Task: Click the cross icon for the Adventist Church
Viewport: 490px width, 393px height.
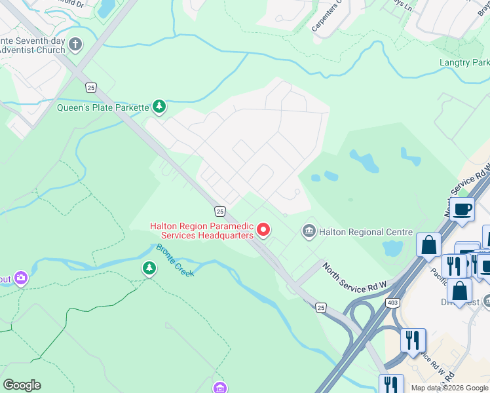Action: (x=75, y=45)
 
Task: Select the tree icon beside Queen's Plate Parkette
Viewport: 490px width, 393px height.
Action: (x=159, y=105)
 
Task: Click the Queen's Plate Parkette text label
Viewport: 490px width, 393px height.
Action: (x=103, y=107)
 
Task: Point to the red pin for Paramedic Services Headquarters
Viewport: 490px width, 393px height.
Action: (x=263, y=229)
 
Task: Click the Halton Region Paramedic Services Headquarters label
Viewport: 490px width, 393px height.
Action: (x=201, y=231)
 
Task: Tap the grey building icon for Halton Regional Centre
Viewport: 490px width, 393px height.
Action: (x=309, y=231)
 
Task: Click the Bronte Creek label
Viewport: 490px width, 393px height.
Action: (x=176, y=259)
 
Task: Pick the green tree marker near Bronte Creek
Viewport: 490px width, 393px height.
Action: (x=149, y=268)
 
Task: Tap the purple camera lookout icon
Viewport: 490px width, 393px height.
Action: (x=22, y=279)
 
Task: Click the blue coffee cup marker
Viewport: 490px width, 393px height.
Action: (x=462, y=210)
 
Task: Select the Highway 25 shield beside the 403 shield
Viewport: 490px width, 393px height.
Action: (x=320, y=307)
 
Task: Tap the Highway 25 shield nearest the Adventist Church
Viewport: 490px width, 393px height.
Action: (x=90, y=87)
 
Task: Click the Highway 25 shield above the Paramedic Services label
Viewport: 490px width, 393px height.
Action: (x=219, y=211)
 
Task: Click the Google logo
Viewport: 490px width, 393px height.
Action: (x=22, y=385)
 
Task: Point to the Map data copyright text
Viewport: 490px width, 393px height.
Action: (x=449, y=388)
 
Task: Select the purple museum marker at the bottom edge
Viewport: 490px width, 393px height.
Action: (x=221, y=388)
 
